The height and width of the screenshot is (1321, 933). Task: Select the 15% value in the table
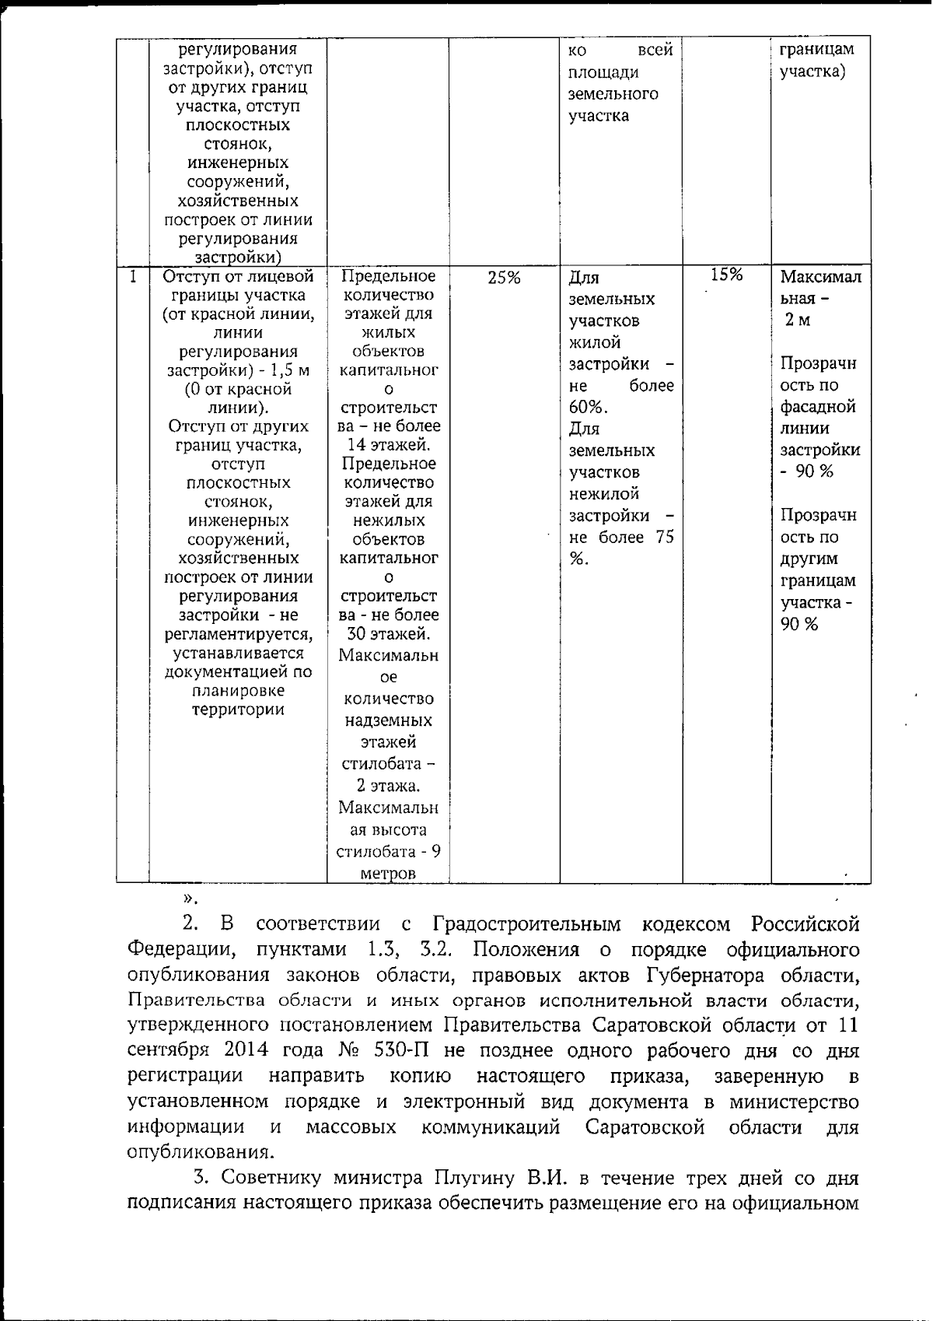pyautogui.click(x=727, y=274)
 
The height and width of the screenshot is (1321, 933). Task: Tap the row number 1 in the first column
pyautogui.click(x=134, y=276)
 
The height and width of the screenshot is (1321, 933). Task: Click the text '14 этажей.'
pyautogui.click(x=389, y=445)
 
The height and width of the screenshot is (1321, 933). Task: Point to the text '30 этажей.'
pyautogui.click(x=389, y=633)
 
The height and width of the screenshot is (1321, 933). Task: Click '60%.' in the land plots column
pyautogui.click(x=589, y=408)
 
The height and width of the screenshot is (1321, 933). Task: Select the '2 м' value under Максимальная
pyautogui.click(x=797, y=321)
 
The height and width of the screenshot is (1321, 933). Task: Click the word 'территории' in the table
pyautogui.click(x=239, y=710)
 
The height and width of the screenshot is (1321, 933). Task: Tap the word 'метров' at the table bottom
pyautogui.click(x=388, y=873)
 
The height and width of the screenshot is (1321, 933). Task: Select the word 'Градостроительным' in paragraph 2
pyautogui.click(x=527, y=924)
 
